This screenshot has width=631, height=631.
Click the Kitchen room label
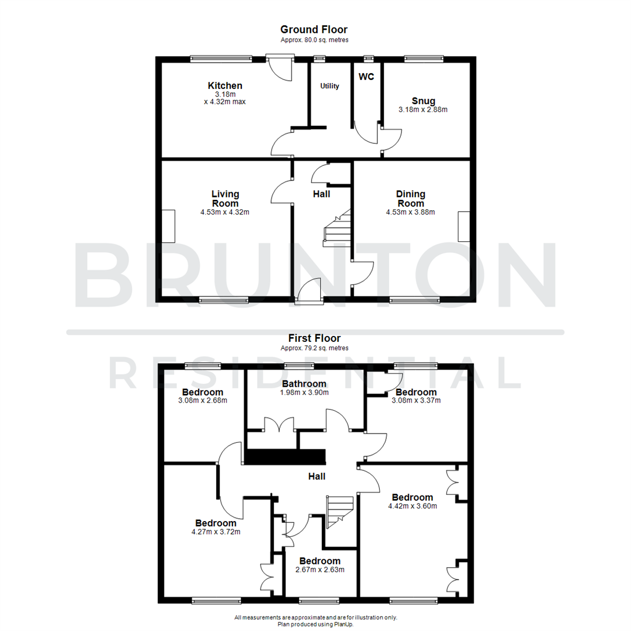coord(225,86)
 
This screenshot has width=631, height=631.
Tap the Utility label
coord(330,86)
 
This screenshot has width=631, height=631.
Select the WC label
coord(366,77)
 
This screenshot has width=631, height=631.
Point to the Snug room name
coord(423,100)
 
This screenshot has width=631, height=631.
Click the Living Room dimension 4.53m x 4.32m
coord(225,212)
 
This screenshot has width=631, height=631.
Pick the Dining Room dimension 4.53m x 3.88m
coord(410,212)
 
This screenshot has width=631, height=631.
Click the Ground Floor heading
coord(314,29)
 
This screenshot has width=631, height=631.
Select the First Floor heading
coord(314,338)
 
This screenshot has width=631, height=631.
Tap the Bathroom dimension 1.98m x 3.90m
coord(304,393)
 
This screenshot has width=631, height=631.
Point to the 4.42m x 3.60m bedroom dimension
coord(412,506)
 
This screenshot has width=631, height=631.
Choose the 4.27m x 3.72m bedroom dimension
coord(216,532)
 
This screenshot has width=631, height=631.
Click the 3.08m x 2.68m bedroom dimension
coord(202,400)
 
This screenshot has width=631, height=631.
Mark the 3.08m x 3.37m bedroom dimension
coord(415,400)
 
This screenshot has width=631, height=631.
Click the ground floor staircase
coord(337,229)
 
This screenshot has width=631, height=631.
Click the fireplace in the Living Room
coord(169,226)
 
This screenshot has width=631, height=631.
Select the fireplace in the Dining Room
coord(464,227)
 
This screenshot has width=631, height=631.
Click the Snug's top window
coord(424,58)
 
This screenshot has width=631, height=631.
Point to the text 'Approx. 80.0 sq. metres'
coord(314,40)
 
